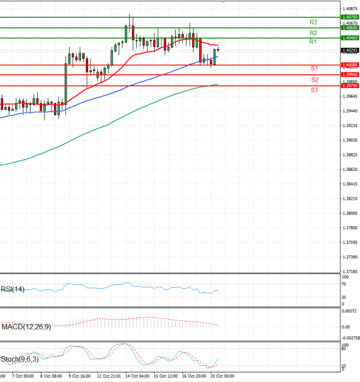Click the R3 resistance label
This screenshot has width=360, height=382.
pyautogui.click(x=313, y=22)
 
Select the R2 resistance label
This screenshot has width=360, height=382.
pyautogui.click(x=313, y=32)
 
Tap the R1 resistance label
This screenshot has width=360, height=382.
pyautogui.click(x=313, y=42)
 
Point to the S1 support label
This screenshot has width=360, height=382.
pyautogui.click(x=314, y=69)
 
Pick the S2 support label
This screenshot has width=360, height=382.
pyautogui.click(x=314, y=80)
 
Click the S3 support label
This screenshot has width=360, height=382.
pyautogui.click(x=314, y=90)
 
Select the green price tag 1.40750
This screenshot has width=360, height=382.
pyautogui.click(x=349, y=17)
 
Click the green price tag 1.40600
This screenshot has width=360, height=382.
pyautogui.click(x=349, y=28)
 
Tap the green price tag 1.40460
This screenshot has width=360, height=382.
pyautogui.click(x=349, y=38)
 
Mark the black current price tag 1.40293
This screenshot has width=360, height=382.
pyautogui.click(x=349, y=50)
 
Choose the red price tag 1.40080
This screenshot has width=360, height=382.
pyautogui.click(x=349, y=65)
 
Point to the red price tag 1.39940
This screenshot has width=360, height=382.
pyautogui.click(x=349, y=75)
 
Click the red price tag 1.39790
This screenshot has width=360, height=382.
pyautogui.click(x=349, y=86)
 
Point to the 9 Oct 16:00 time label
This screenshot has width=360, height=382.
pyautogui.click(x=80, y=377)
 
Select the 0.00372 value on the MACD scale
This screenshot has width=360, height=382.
pyautogui.click(x=350, y=311)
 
